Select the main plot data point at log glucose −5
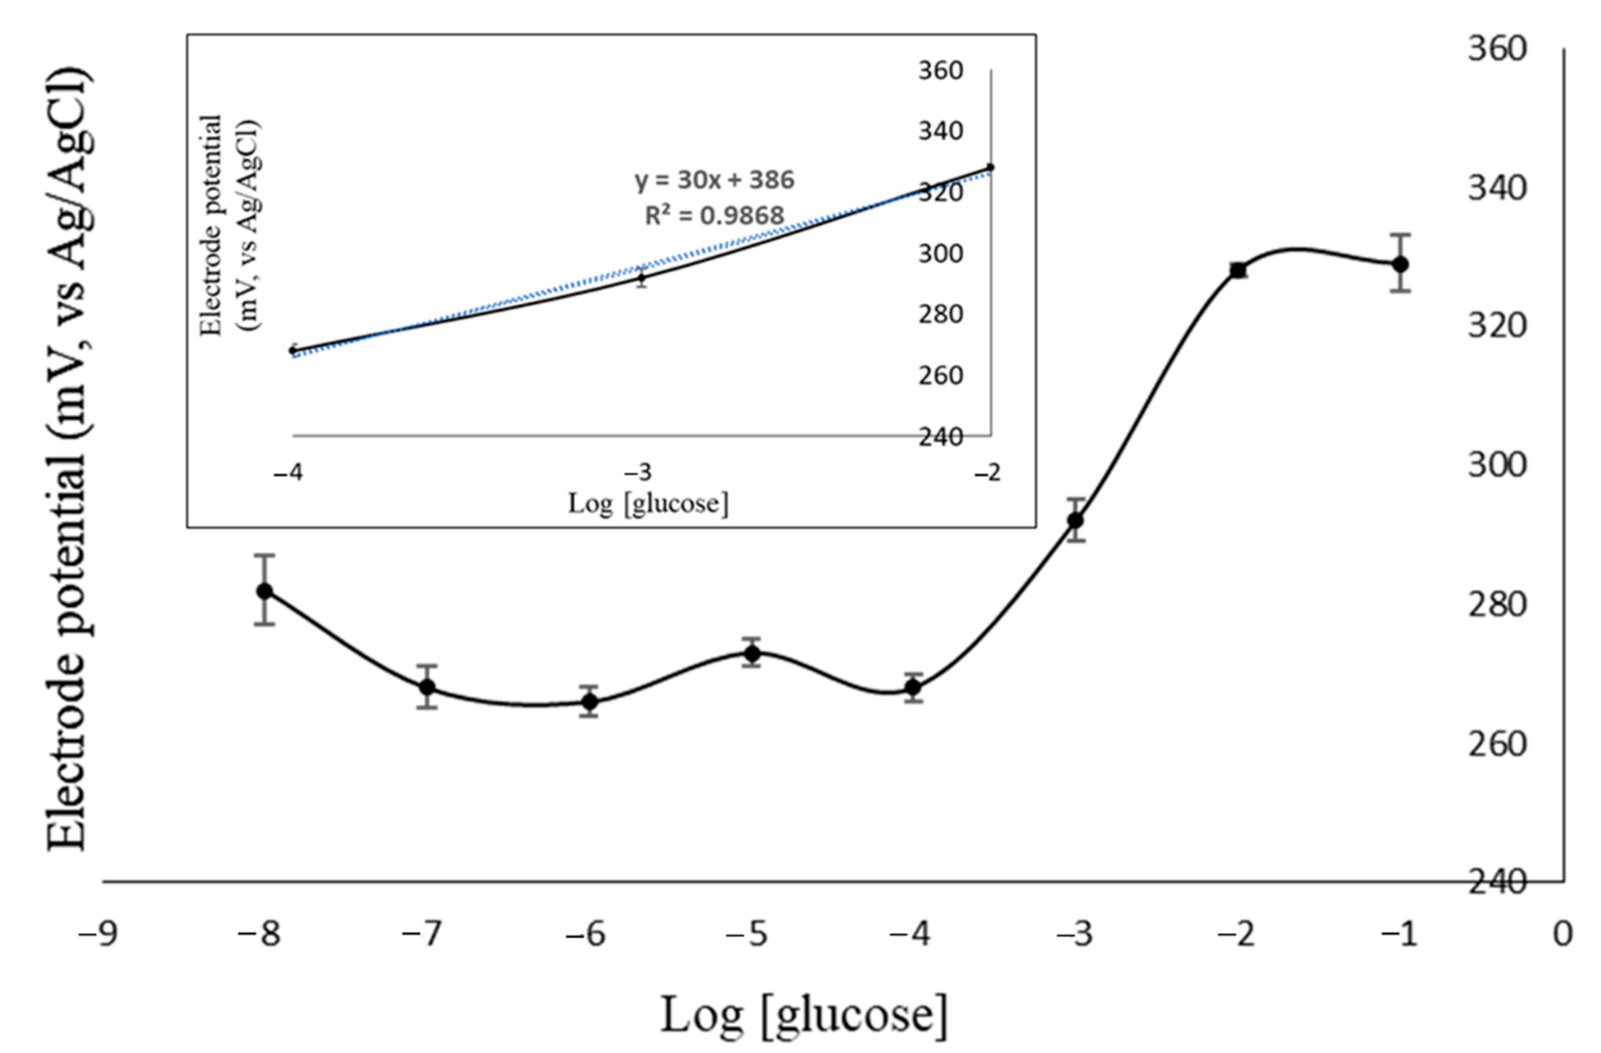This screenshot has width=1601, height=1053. tap(752, 653)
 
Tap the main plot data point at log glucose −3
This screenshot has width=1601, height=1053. tap(1076, 520)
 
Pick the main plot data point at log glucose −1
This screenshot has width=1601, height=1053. tap(1400, 264)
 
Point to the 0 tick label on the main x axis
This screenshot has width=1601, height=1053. tap(1562, 934)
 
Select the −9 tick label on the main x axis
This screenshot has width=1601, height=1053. tap(98, 934)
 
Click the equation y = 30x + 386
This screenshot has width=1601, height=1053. tap(714, 180)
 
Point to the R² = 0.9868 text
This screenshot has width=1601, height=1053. tap(714, 216)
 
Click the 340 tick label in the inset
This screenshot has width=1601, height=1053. tap(940, 131)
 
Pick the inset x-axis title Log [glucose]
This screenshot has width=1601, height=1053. tap(648, 503)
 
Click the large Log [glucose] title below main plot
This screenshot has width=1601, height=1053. tap(804, 1014)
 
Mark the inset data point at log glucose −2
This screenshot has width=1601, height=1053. tap(990, 167)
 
